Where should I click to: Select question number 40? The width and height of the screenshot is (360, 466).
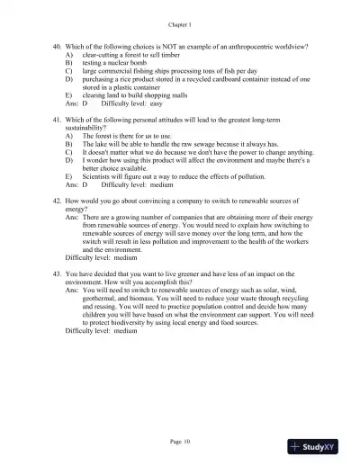point(58,45)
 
